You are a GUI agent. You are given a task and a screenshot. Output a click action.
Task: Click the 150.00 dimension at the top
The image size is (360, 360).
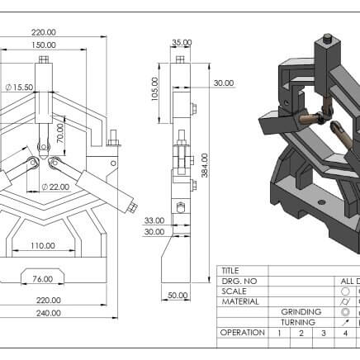pos(44,45)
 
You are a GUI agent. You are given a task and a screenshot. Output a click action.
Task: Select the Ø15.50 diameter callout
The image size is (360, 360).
pos(19,88)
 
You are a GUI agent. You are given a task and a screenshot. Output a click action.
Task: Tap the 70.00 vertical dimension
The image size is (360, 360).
pos(60,133)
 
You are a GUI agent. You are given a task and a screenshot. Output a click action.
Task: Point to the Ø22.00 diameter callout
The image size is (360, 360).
pos(55,187)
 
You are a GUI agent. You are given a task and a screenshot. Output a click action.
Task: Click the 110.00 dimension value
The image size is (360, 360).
pos(43,245)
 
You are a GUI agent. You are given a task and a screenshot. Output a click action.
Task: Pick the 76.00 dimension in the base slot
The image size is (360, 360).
pos(43,279)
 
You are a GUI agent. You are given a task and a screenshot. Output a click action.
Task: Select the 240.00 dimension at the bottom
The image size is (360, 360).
pos(49,313)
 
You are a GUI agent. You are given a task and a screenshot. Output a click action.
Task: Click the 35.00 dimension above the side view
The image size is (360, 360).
pos(182,43)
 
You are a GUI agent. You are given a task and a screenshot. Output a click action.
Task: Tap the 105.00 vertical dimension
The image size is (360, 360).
pos(155,89)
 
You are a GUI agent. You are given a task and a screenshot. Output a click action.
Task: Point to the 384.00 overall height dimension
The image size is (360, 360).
pos(205,165)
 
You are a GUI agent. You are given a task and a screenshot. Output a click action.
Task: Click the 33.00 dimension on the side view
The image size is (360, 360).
pos(154,220)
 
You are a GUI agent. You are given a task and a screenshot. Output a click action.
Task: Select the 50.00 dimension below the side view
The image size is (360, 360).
pos(178,296)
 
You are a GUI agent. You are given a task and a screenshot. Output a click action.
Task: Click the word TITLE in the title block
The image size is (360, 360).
pos(230,271)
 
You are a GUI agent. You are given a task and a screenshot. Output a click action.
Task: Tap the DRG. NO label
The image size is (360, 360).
pos(239,282)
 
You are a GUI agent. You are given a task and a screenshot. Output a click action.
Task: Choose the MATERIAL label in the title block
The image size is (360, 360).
pos(240,301)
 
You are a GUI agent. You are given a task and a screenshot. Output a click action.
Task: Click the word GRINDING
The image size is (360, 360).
pos(301,312)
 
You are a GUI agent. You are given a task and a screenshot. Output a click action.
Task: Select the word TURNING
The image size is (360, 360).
pos(298,322)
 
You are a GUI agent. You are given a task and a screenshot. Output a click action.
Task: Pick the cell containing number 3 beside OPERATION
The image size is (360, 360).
pos(324,334)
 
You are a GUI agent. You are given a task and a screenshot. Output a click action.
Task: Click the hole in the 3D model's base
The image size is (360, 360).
pos(321,202)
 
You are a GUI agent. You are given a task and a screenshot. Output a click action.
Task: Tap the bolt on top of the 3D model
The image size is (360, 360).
pos(328,38)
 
